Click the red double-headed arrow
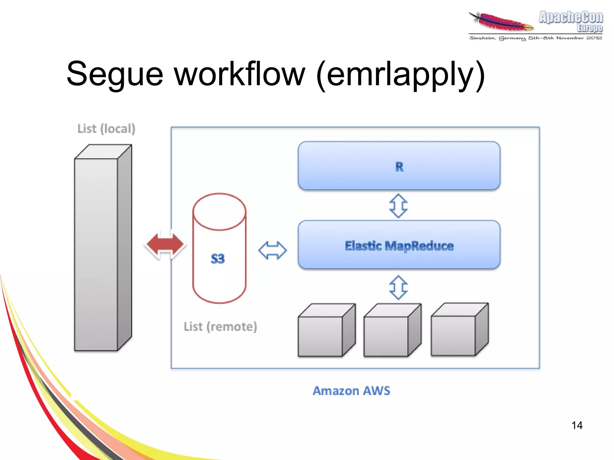click(165, 244)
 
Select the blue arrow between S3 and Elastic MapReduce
click(272, 250)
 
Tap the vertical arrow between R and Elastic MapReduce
click(398, 206)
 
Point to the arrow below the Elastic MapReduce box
click(398, 288)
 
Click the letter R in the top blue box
click(399, 167)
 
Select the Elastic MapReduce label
click(399, 246)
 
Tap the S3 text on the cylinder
click(218, 259)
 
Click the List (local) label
click(106, 129)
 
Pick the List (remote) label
click(220, 327)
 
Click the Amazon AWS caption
click(351, 391)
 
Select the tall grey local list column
click(96, 255)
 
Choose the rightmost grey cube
click(453, 335)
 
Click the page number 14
click(577, 425)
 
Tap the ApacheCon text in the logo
click(571, 17)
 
